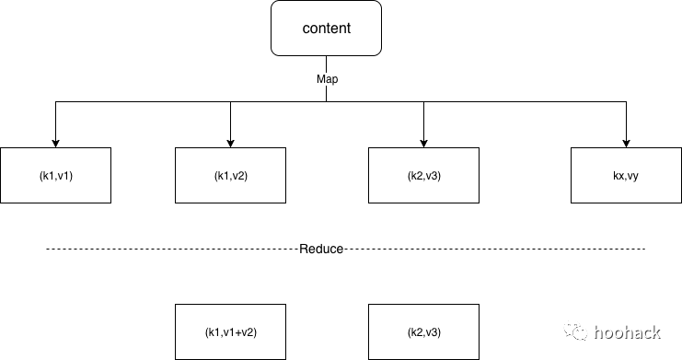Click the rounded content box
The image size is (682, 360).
[x=327, y=29]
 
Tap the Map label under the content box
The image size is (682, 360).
[x=327, y=79]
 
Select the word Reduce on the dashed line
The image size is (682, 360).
[x=321, y=250]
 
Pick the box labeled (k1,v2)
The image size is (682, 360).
[x=230, y=175]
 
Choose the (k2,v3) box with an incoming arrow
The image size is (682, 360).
[x=423, y=175]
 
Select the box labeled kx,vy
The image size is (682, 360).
[x=626, y=175]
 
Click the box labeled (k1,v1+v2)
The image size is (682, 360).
[x=230, y=331]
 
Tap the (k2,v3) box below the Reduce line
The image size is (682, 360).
[x=423, y=331]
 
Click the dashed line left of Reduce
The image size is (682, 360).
[x=175, y=250]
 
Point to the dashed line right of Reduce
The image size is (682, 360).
[x=497, y=250]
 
